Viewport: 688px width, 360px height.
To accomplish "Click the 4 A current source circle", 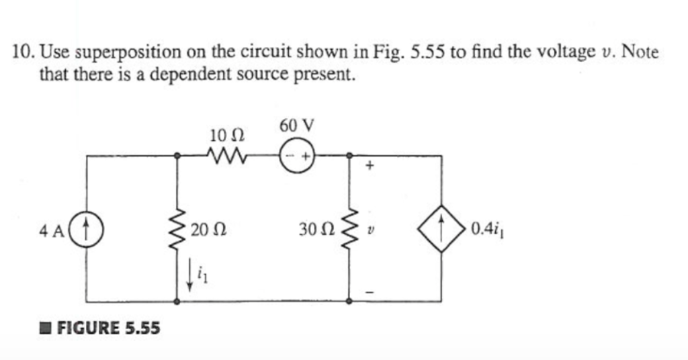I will pos(88,230).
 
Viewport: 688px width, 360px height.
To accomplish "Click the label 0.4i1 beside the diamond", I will pos(484,230).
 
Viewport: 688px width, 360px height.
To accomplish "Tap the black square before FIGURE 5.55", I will pos(45,328).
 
